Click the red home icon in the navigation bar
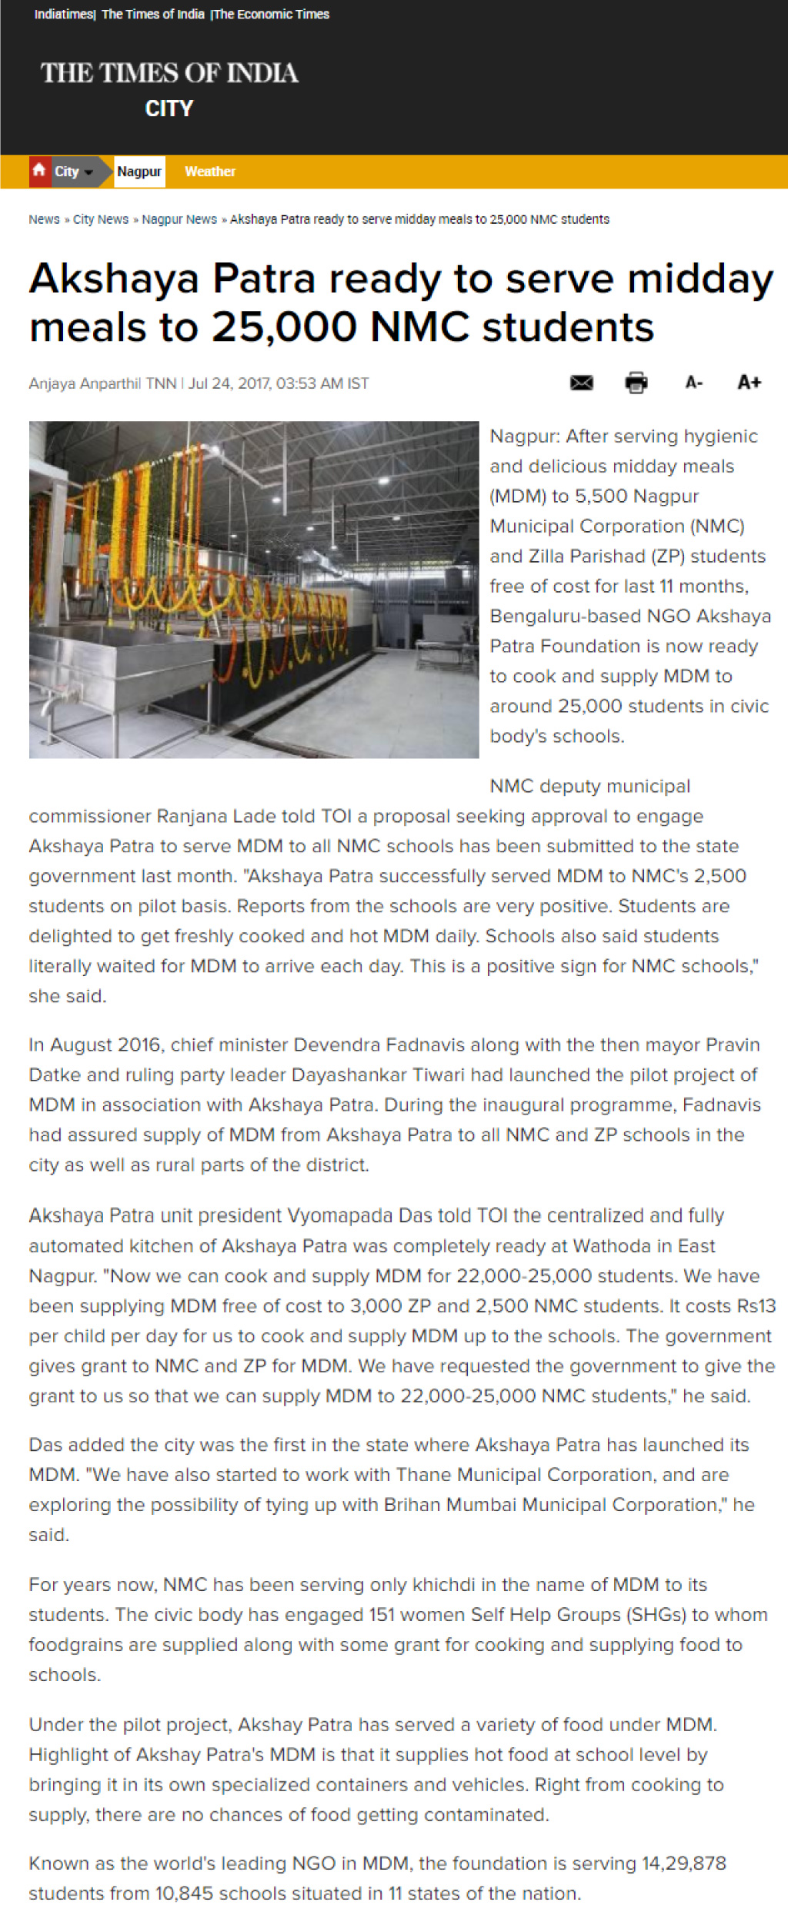[38, 170]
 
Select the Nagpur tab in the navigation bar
[139, 171]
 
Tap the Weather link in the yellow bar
[209, 171]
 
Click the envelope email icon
[581, 382]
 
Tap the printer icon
[636, 382]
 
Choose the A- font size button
[693, 382]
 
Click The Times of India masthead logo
[169, 73]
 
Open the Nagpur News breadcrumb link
[179, 219]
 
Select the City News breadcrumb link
[101, 219]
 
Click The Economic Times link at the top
[271, 14]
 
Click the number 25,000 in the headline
[283, 327]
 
